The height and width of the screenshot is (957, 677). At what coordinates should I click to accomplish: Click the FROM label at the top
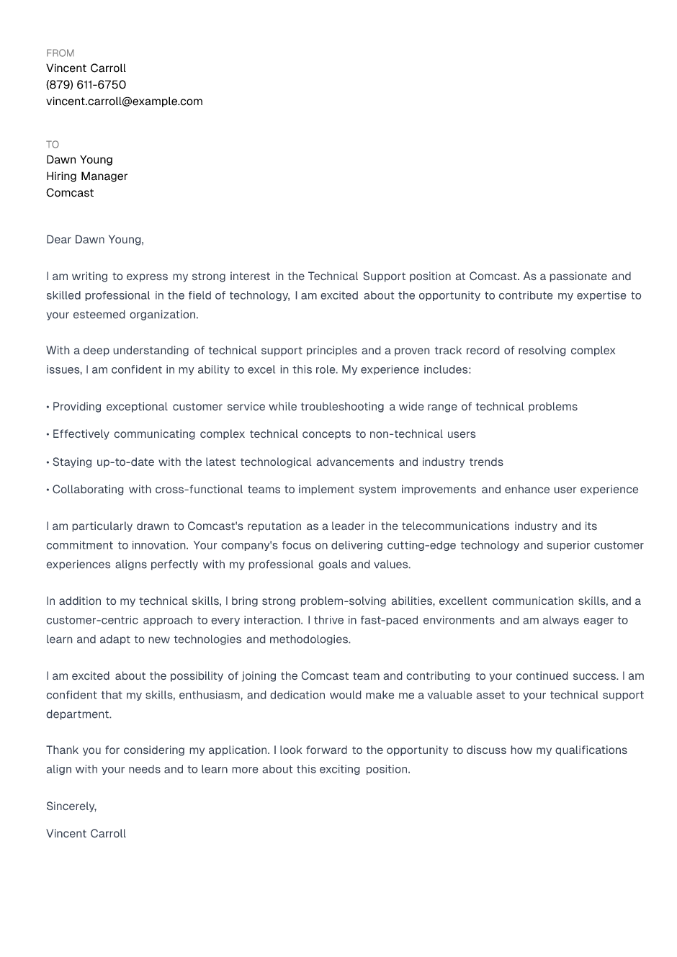pyautogui.click(x=60, y=53)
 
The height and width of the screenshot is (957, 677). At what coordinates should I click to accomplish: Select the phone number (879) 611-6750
pyautogui.click(x=86, y=85)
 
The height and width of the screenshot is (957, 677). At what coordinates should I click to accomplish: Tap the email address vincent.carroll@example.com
pyautogui.click(x=124, y=102)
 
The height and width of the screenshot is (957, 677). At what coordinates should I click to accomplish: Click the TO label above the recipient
pyautogui.click(x=53, y=145)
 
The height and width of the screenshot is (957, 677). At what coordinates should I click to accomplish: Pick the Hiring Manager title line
pyautogui.click(x=86, y=176)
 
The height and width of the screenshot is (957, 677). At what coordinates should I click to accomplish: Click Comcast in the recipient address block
pyautogui.click(x=70, y=193)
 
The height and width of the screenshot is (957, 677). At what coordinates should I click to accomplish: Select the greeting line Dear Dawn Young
pyautogui.click(x=94, y=240)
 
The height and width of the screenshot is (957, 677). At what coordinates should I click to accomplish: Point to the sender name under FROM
pyautogui.click(x=86, y=68)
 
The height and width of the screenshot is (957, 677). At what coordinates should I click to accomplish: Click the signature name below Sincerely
pyautogui.click(x=86, y=834)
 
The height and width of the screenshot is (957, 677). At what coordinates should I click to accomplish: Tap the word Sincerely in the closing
pyautogui.click(x=71, y=807)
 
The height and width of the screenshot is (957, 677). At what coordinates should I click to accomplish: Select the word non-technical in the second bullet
pyautogui.click(x=406, y=434)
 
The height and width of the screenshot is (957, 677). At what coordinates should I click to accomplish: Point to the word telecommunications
pyautogui.click(x=455, y=526)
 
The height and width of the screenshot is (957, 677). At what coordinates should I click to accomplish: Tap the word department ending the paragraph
pyautogui.click(x=79, y=715)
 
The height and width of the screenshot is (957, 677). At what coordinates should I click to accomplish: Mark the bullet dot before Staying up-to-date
pyautogui.click(x=48, y=462)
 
